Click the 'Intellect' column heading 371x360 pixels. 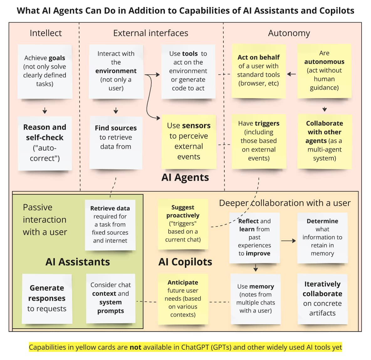[x=46, y=33]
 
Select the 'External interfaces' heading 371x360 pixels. [x=150, y=33]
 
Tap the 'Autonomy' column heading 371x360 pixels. [x=289, y=33]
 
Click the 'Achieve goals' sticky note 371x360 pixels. [x=45, y=71]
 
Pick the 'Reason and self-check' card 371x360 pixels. [x=45, y=143]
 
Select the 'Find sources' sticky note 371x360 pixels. [x=116, y=142]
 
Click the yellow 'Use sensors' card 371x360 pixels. [x=189, y=141]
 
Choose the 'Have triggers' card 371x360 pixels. [x=259, y=141]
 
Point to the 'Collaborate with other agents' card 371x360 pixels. [x=324, y=141]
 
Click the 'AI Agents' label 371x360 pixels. [x=185, y=177]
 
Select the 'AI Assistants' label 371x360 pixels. [x=78, y=262]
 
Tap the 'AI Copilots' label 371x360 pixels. [x=185, y=262]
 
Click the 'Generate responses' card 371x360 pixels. [x=47, y=298]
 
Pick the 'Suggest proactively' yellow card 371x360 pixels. [x=183, y=224]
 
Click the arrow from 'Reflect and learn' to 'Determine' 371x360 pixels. [x=288, y=241]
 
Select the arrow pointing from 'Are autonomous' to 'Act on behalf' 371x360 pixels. [x=291, y=74]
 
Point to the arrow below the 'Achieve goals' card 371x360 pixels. [x=45, y=110]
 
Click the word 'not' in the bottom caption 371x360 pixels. [x=136, y=347]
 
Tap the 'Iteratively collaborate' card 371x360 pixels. [x=322, y=299]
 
